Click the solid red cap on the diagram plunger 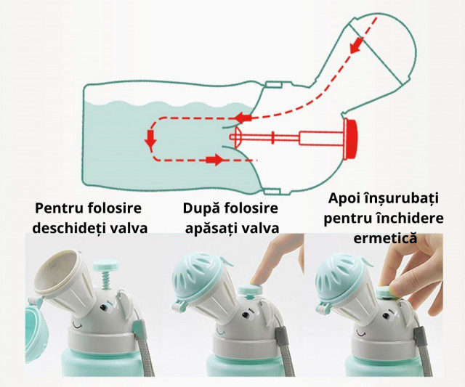click(x=352, y=139)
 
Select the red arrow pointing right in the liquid click(x=215, y=160)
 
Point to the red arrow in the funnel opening click(x=356, y=44)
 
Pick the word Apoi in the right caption click(x=344, y=198)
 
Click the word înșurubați click(x=401, y=198)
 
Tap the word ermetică click(x=385, y=239)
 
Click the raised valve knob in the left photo click(x=105, y=264)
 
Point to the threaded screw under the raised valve click(x=105, y=280)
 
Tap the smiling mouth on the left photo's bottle click(x=78, y=325)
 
